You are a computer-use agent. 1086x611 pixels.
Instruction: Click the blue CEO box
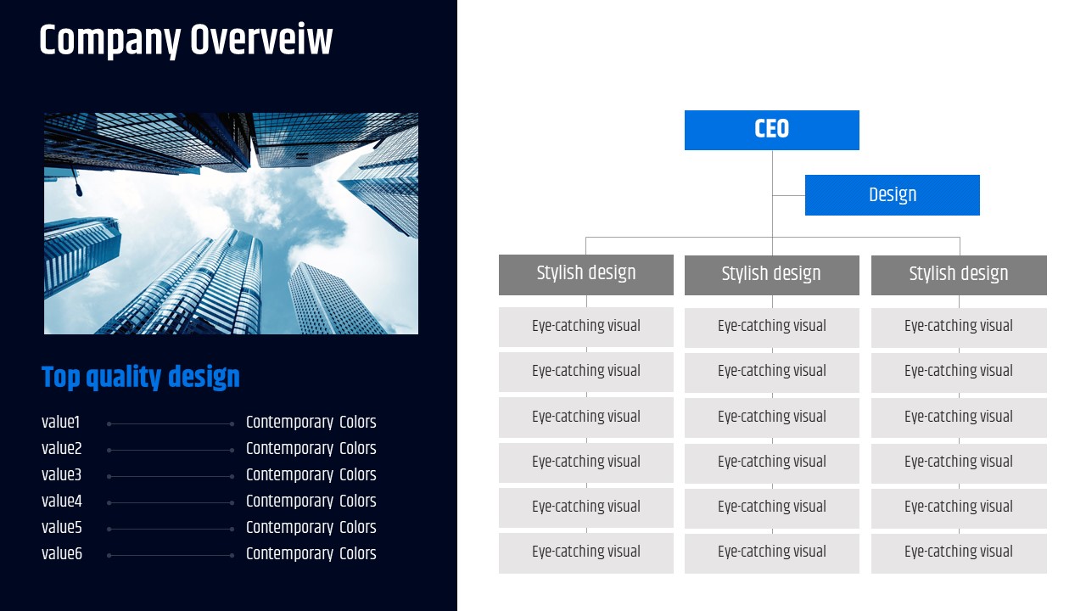click(x=771, y=130)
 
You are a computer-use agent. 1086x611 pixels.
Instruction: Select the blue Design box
click(x=892, y=195)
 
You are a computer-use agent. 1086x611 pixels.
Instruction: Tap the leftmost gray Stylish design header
click(x=585, y=274)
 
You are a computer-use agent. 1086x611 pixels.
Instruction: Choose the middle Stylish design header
click(x=771, y=275)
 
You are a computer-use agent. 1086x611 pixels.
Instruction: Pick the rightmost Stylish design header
click(x=959, y=275)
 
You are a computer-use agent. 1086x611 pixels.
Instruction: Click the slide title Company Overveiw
click(x=186, y=41)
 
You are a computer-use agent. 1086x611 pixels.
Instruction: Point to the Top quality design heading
click(x=141, y=378)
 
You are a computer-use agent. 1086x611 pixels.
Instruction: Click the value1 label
click(x=60, y=423)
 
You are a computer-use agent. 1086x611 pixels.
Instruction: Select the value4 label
click(x=62, y=502)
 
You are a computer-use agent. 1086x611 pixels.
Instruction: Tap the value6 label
click(x=62, y=554)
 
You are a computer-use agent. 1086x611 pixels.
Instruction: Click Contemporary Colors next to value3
click(x=311, y=475)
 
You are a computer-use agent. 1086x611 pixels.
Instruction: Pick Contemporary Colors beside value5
click(x=311, y=528)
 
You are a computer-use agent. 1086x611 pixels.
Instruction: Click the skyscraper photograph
click(x=231, y=223)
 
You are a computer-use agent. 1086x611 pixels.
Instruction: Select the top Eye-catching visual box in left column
click(x=585, y=327)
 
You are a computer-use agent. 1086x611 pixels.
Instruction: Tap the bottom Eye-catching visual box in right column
click(x=959, y=552)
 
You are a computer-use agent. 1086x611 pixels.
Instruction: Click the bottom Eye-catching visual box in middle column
click(x=771, y=552)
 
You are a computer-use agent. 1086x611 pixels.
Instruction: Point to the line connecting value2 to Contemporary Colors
click(x=170, y=450)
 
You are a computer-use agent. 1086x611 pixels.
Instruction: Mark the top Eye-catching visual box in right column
click(x=959, y=327)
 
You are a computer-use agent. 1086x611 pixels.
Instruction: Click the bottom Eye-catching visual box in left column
click(x=585, y=552)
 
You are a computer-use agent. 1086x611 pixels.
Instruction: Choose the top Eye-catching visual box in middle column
click(x=771, y=327)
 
